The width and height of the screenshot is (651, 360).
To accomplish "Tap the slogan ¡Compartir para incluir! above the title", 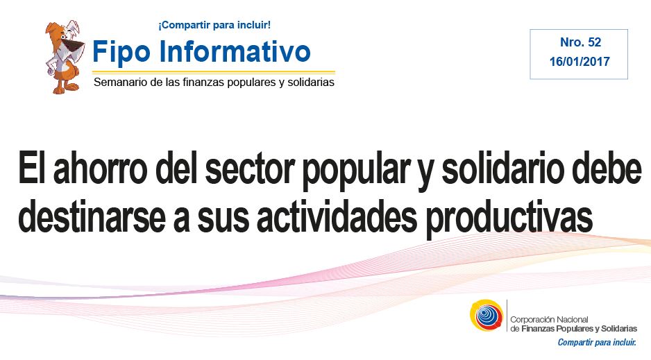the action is click(x=214, y=25).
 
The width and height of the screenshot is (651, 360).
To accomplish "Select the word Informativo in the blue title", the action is click(x=235, y=51).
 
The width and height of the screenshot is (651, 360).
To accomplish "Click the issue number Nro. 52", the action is click(x=580, y=42).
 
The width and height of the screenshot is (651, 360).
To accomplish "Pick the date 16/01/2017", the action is click(x=580, y=62).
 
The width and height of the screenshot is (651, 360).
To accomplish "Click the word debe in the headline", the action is click(x=607, y=169).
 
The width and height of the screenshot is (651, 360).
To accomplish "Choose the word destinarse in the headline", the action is click(x=92, y=217).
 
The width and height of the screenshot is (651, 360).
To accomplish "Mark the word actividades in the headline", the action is click(x=337, y=217).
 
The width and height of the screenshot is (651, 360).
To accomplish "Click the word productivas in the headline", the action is click(x=509, y=220).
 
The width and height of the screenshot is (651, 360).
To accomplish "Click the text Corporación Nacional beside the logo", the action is click(x=549, y=319).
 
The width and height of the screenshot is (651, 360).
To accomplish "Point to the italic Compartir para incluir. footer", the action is click(x=597, y=343).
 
